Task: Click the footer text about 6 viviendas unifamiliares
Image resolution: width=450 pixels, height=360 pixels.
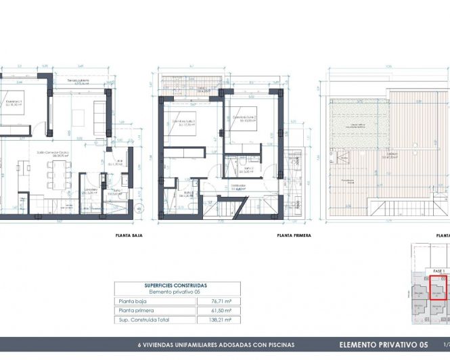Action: point(216,344)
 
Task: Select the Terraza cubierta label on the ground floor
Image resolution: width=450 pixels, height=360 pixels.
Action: point(79,81)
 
